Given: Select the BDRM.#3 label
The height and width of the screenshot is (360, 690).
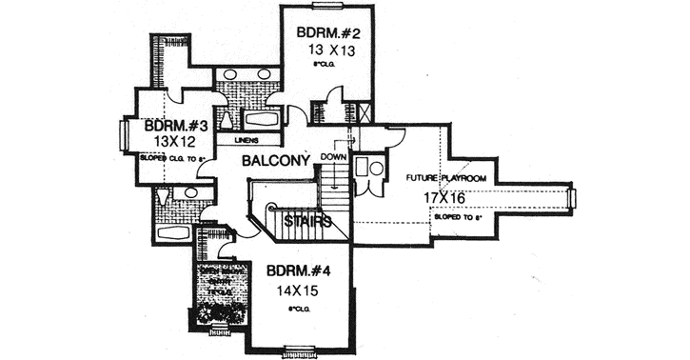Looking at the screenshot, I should pos(176,126).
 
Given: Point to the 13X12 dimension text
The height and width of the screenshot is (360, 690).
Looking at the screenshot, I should pos(174,142).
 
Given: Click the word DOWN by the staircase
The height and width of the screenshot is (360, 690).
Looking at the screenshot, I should pos(333,157).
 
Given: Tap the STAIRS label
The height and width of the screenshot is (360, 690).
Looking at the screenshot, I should pos(307,221).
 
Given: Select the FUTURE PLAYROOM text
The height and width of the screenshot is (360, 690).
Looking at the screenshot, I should pos(446,179).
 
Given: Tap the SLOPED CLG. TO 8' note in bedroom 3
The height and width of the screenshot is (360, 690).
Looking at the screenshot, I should pos(173,157).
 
